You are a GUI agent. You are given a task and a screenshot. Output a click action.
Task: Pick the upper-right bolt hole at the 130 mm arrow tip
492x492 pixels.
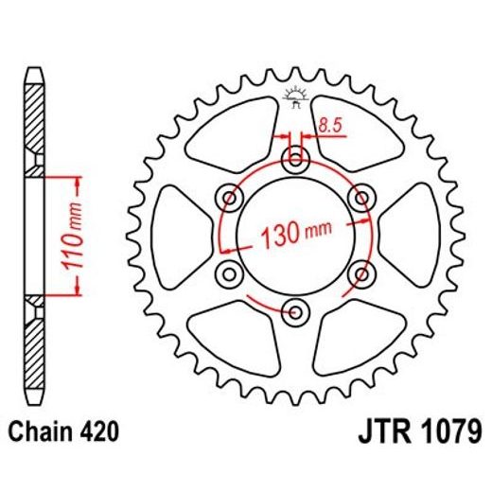[360, 198]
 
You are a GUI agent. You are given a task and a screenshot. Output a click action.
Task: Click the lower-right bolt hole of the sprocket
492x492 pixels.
[360, 273]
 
